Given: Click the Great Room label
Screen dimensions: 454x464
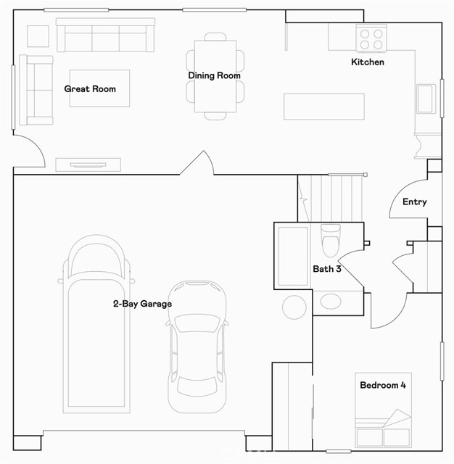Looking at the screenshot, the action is pos(90,89).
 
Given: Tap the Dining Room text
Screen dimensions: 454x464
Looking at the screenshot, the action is pos(214,75).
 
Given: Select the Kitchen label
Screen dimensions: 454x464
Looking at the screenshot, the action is pos(368,62).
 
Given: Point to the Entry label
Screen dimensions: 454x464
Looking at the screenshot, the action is pos(415,202).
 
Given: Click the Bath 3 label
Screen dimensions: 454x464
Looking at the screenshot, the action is pos(327,269).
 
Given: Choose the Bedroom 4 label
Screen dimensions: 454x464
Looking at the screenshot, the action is pos(383,385).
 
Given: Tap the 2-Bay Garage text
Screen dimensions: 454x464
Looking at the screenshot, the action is pos(142,304).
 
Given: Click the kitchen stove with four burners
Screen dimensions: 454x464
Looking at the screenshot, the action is pos(371,38).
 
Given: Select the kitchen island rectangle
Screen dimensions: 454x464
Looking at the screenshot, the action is pos(324,107).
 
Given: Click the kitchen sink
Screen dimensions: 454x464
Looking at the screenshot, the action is pos(426,99).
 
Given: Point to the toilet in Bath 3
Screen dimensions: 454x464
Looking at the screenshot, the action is pos(331,240).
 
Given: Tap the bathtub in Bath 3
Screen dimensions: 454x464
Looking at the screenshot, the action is pos(293,256).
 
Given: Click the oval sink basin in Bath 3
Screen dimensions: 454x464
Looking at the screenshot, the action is pos(331,302).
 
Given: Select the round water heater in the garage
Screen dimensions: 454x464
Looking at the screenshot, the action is pos(294,307).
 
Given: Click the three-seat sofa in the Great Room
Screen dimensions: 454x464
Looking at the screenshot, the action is pos(105,35).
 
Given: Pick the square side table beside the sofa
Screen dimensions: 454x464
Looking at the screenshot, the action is pos(38,36).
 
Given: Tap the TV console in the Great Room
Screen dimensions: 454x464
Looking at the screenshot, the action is pos(88,165).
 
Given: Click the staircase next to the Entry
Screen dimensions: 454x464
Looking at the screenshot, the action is pos(331,198).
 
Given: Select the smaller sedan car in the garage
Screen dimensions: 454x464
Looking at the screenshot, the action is pos(197,347).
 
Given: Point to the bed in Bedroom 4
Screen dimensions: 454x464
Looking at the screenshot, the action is pos(383,410).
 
